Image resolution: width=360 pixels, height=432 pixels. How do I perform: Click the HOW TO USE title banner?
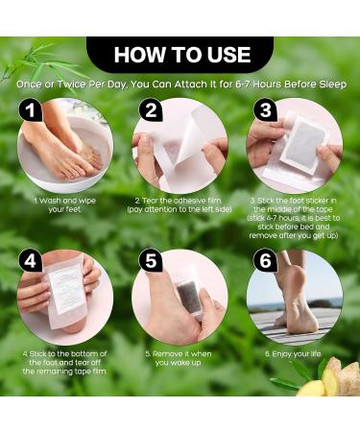[181, 55]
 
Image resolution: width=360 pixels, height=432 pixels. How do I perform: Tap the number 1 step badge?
[32, 114]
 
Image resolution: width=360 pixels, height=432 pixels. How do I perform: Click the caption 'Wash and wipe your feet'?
[64, 205]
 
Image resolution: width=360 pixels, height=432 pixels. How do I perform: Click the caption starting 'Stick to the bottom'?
[64, 358]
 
